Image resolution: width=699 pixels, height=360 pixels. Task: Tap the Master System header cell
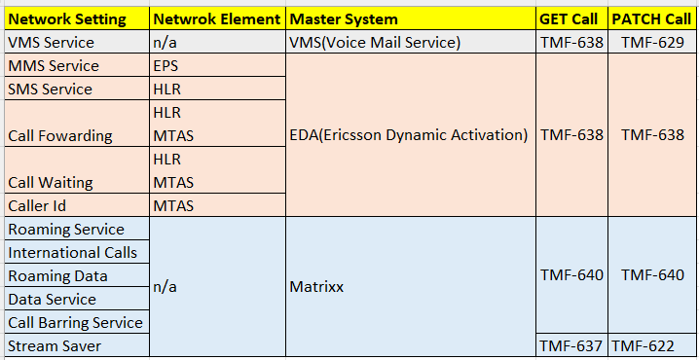click(344, 19)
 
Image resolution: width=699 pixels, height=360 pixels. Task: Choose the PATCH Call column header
click(651, 19)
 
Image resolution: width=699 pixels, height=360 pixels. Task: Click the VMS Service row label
click(51, 43)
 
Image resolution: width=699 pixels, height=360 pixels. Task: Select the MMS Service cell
click(54, 66)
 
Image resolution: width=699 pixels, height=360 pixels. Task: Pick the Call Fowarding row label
click(60, 136)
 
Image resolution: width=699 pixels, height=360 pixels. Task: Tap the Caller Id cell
click(42, 205)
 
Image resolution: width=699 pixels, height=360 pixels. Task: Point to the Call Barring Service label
click(75, 323)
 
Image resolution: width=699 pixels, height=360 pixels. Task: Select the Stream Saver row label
click(54, 345)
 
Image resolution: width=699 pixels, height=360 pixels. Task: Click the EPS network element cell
click(165, 66)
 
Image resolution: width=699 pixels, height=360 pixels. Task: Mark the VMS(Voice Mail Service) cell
click(375, 43)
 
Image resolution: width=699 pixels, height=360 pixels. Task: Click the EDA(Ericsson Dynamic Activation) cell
click(409, 135)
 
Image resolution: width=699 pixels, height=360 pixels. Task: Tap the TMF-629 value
click(651, 43)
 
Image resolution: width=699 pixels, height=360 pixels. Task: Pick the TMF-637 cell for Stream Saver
click(571, 345)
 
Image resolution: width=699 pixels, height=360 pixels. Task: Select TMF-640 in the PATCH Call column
click(651, 275)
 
